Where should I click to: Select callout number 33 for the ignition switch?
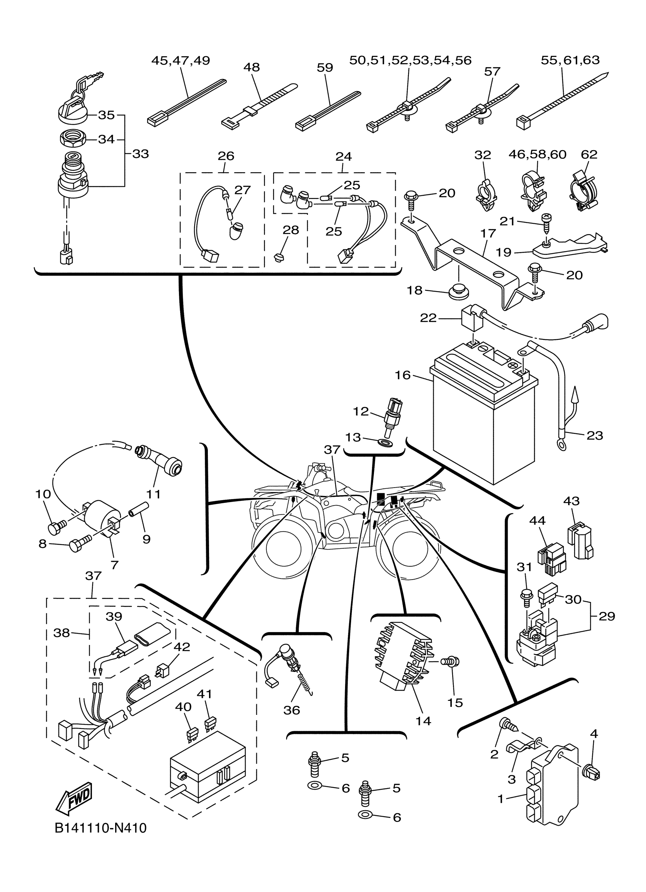[x=140, y=154]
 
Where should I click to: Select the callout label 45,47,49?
[x=180, y=60]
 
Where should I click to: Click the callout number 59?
[x=325, y=68]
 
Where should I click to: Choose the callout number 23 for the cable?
[x=594, y=436]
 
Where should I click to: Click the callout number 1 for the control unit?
[x=500, y=799]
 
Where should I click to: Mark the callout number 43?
[x=571, y=501]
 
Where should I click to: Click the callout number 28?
[x=291, y=230]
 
